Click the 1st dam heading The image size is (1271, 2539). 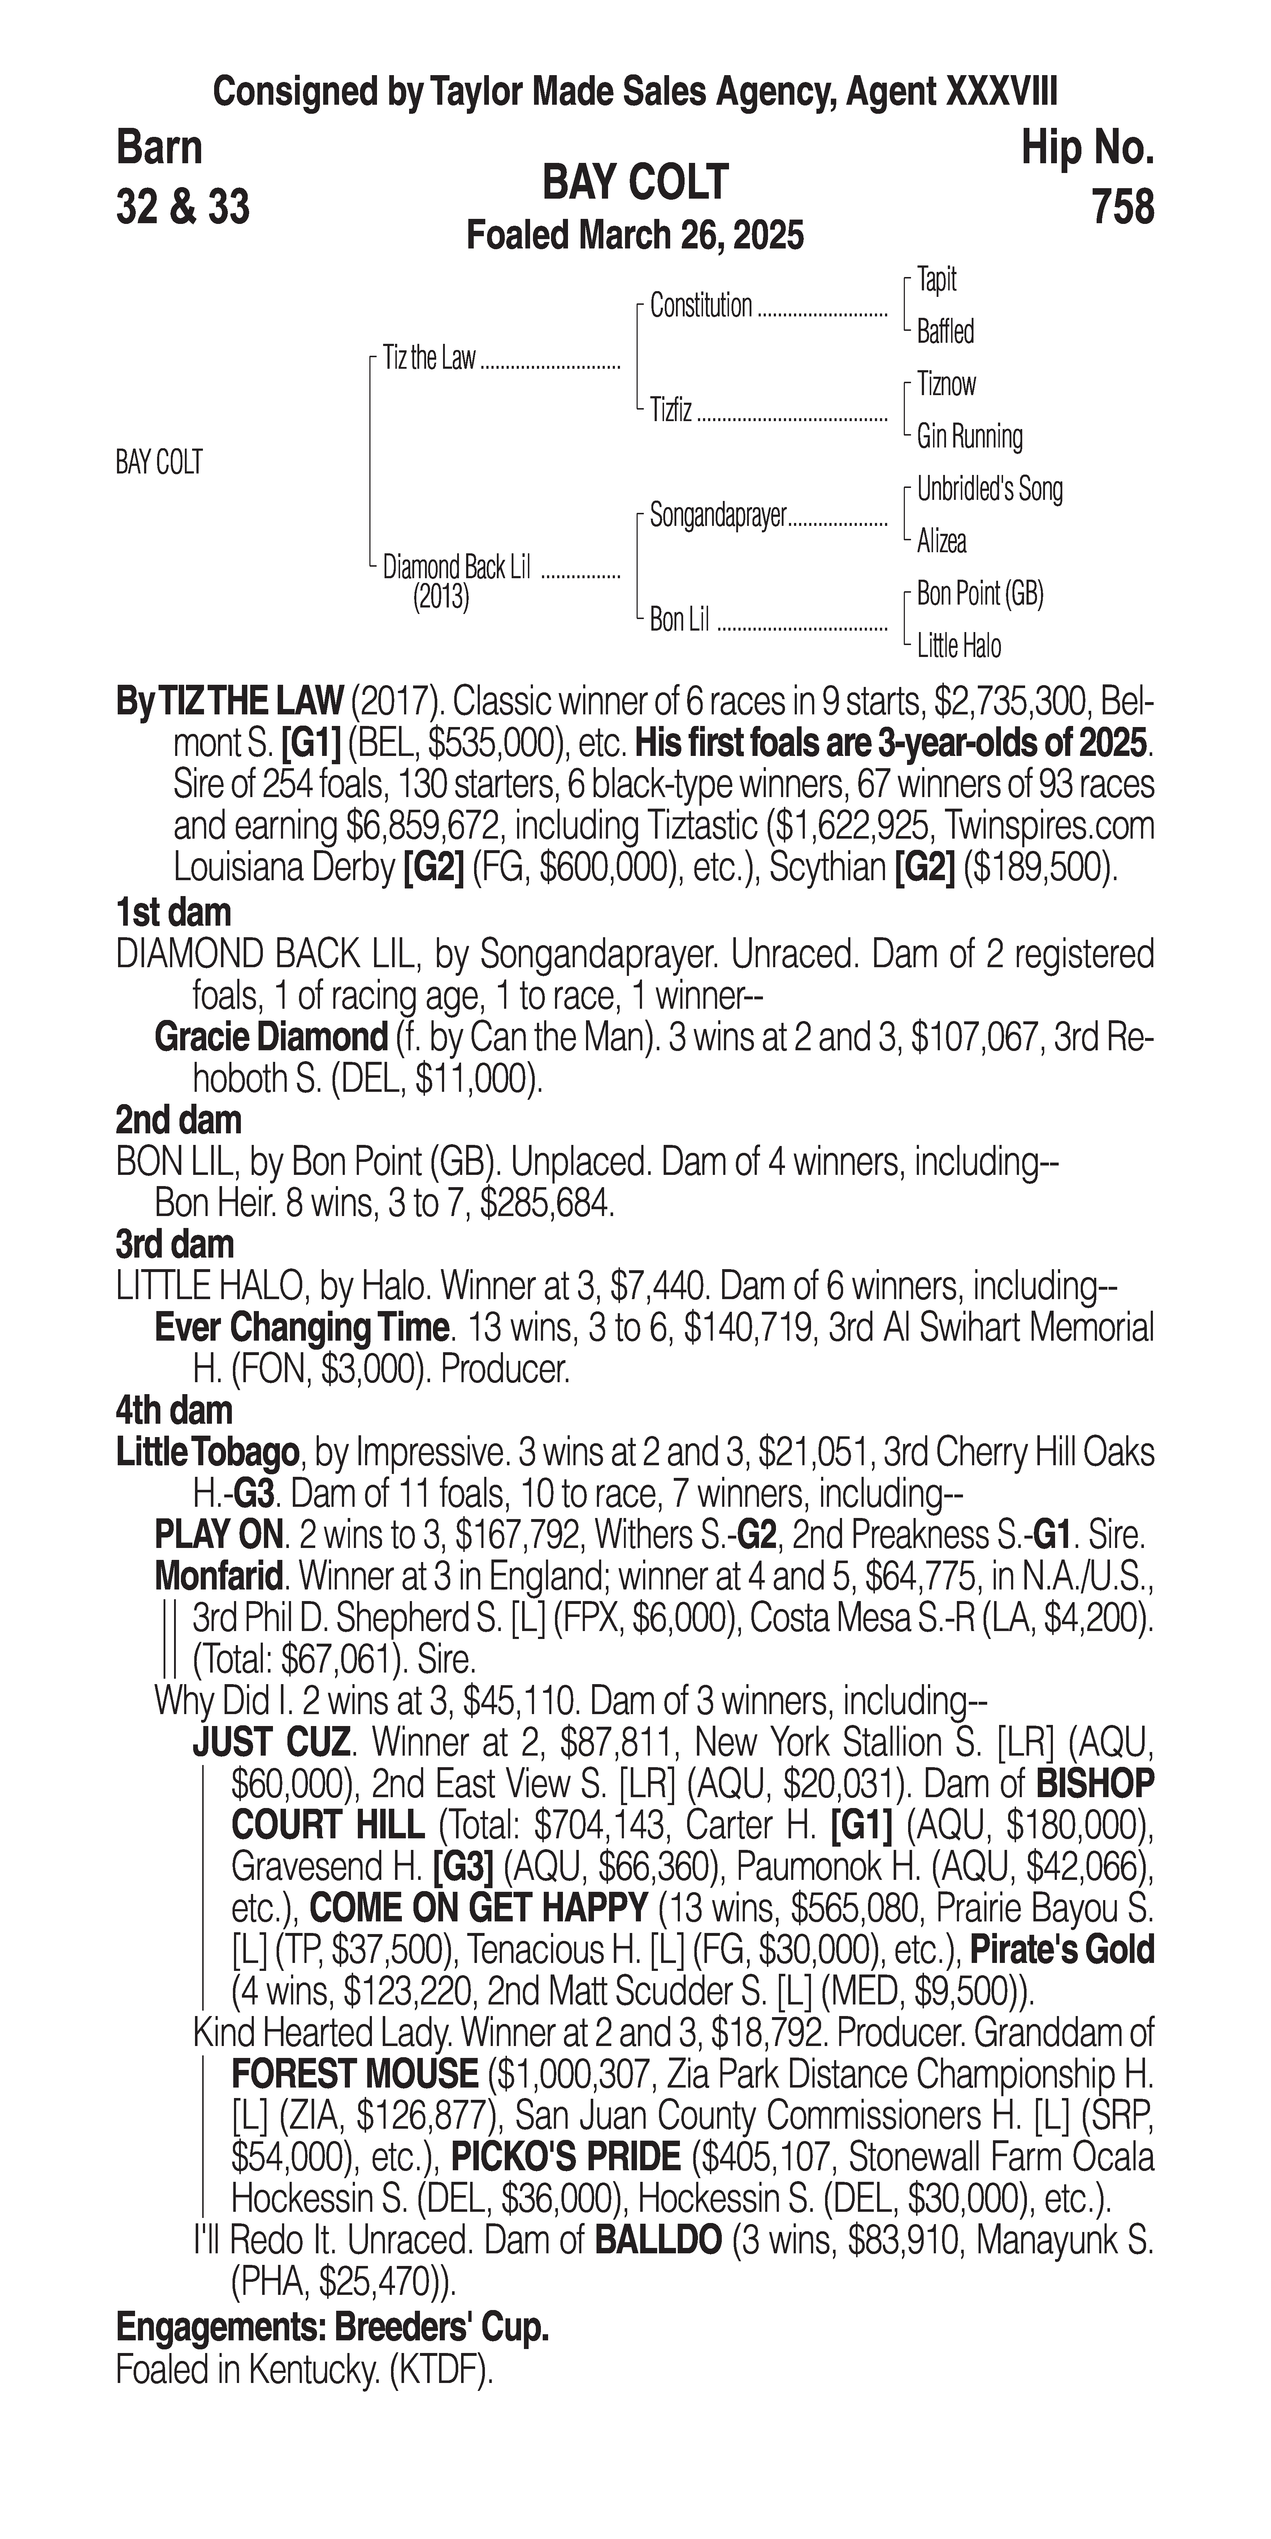[x=173, y=913]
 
